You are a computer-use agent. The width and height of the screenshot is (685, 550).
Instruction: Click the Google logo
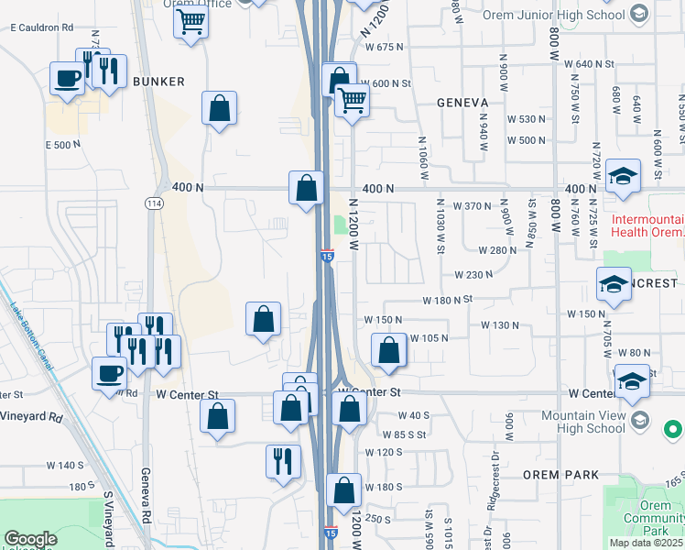click(30, 539)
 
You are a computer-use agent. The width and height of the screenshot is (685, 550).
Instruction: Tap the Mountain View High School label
click(595, 422)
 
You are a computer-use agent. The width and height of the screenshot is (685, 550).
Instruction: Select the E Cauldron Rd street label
click(41, 28)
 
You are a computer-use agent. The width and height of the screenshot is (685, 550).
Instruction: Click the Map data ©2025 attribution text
click(645, 542)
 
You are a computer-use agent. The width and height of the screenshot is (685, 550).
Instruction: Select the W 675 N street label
click(384, 48)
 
